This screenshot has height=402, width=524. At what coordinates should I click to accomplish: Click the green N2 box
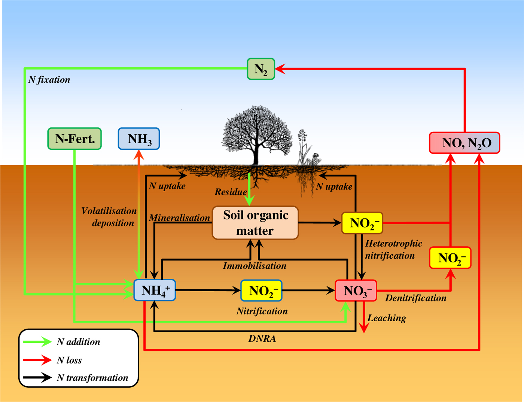[261, 69]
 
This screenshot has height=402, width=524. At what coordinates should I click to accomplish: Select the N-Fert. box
[74, 139]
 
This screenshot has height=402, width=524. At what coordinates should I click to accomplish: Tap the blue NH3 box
[139, 139]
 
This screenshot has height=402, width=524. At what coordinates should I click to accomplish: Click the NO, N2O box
[464, 143]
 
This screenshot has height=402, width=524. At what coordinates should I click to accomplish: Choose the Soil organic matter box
[255, 223]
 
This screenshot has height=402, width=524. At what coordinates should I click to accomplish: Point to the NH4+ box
[155, 290]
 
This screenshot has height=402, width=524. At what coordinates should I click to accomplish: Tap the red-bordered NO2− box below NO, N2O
[450, 258]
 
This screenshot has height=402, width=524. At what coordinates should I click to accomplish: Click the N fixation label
[49, 80]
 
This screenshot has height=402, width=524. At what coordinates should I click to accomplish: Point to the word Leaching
[387, 318]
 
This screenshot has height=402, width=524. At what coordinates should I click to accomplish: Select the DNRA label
[262, 339]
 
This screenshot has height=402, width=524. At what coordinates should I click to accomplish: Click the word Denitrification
[415, 298]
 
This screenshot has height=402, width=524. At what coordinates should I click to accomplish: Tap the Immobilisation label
[255, 266]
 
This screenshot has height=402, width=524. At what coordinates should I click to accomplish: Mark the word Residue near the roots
[231, 192]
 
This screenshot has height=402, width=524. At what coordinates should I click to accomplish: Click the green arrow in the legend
[37, 342]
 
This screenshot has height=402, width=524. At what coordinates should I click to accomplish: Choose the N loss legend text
[69, 360]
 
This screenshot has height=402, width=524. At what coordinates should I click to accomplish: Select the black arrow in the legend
[37, 378]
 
